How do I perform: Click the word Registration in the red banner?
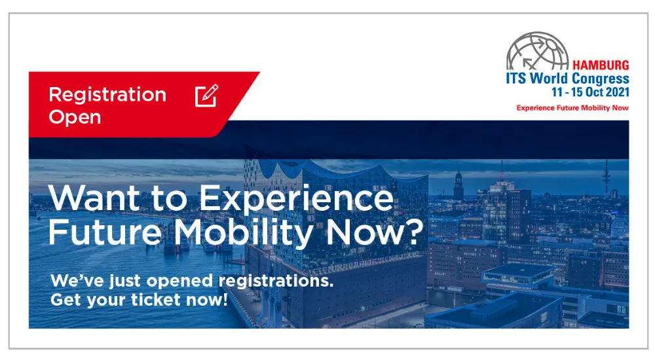[x=107, y=96]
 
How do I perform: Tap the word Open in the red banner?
[x=75, y=117]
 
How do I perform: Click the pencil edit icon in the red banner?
[x=207, y=96]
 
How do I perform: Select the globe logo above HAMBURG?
[x=537, y=51]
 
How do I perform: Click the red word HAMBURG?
[x=600, y=65]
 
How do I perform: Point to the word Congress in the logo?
[x=600, y=79]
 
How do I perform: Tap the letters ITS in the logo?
[x=516, y=78]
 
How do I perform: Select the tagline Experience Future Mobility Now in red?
[x=572, y=108]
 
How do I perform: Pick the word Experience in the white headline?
[x=297, y=198]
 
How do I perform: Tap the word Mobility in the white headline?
[x=244, y=232]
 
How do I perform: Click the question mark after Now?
[x=413, y=232]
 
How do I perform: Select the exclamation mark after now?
[x=225, y=299]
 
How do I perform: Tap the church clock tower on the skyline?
[x=458, y=184]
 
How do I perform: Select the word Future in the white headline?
[x=105, y=232]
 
